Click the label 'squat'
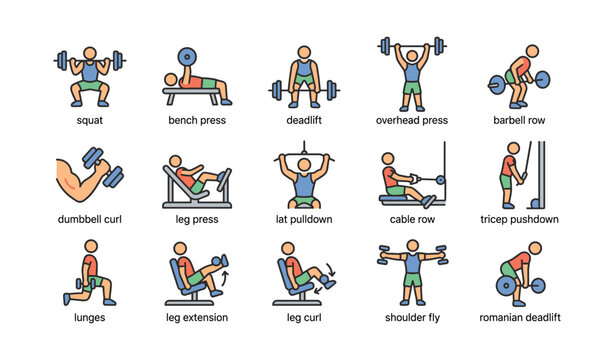pyautogui.click(x=90, y=120)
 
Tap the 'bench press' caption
pyautogui.click(x=197, y=120)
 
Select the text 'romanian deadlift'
pyautogui.click(x=520, y=318)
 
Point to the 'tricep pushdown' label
pyautogui.click(x=520, y=219)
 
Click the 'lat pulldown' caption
pyautogui.click(x=304, y=219)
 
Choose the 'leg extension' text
pyautogui.click(x=197, y=318)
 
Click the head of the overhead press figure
pyautogui.click(x=411, y=55)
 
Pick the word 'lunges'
pyautogui.click(x=90, y=318)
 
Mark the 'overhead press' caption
pyautogui.click(x=412, y=120)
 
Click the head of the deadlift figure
pyautogui.click(x=304, y=50)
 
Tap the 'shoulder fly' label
pyautogui.click(x=412, y=318)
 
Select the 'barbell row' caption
pyautogui.click(x=519, y=120)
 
